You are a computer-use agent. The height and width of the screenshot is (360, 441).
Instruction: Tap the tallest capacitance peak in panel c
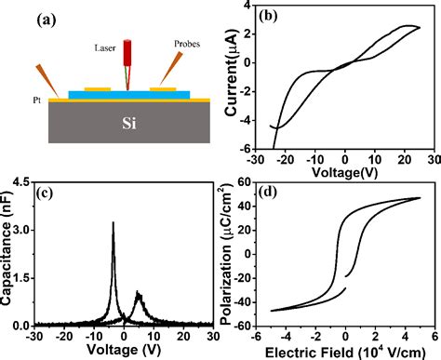point(113,223)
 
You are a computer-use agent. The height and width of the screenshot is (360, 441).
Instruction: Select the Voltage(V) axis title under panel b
point(343,172)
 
